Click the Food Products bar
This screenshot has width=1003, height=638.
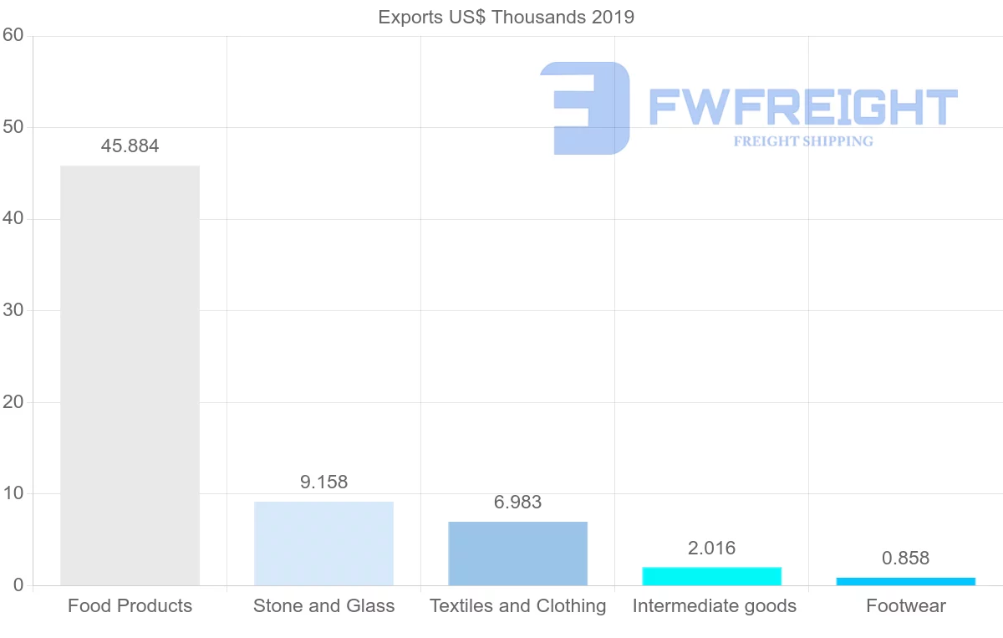130,375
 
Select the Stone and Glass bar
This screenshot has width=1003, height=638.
323,544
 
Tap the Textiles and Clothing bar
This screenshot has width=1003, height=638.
517,554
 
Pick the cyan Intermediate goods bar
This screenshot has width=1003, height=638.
711,576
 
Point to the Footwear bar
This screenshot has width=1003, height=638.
905,581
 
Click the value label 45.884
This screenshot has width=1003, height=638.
130,146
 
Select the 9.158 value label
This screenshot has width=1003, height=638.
323,482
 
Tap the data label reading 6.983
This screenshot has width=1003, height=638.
517,503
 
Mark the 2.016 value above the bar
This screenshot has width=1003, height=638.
711,549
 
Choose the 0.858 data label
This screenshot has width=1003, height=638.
905,559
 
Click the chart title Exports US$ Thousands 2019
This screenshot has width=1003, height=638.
506,17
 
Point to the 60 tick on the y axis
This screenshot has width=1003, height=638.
13,36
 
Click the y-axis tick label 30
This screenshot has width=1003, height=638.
13,310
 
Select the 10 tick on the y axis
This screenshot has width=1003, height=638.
13,493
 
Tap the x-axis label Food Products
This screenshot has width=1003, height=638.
130,606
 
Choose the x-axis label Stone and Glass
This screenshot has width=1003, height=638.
323,606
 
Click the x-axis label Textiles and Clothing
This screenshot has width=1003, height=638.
517,606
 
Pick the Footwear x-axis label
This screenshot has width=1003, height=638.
905,606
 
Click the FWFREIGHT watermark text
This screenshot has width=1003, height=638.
802,107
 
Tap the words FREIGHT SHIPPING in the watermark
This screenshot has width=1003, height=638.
802,141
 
